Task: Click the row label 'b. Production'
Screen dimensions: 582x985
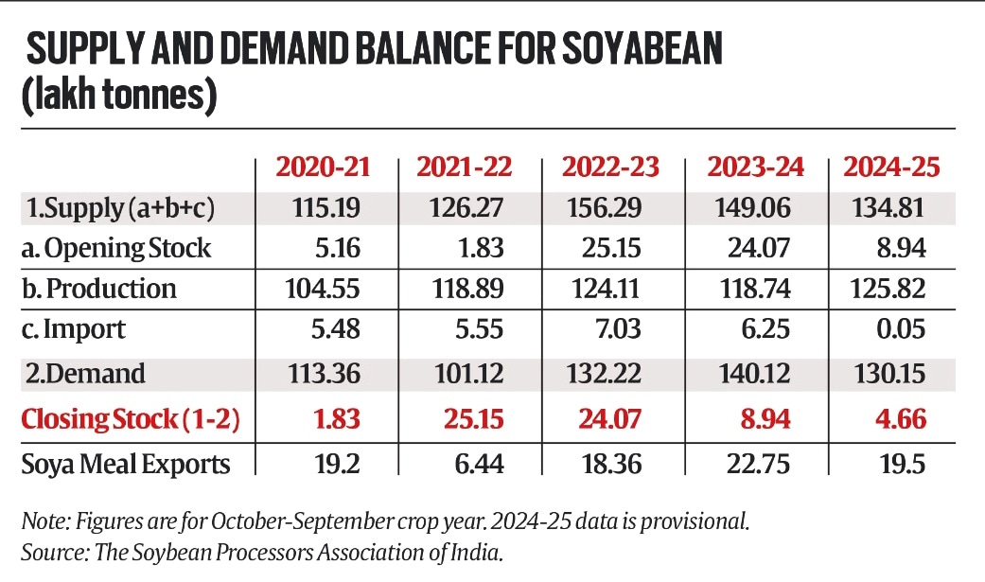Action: click(99, 289)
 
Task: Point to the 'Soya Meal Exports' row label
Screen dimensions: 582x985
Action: click(126, 465)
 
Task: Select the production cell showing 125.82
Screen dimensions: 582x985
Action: click(887, 289)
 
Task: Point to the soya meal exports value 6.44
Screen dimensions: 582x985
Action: click(481, 465)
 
